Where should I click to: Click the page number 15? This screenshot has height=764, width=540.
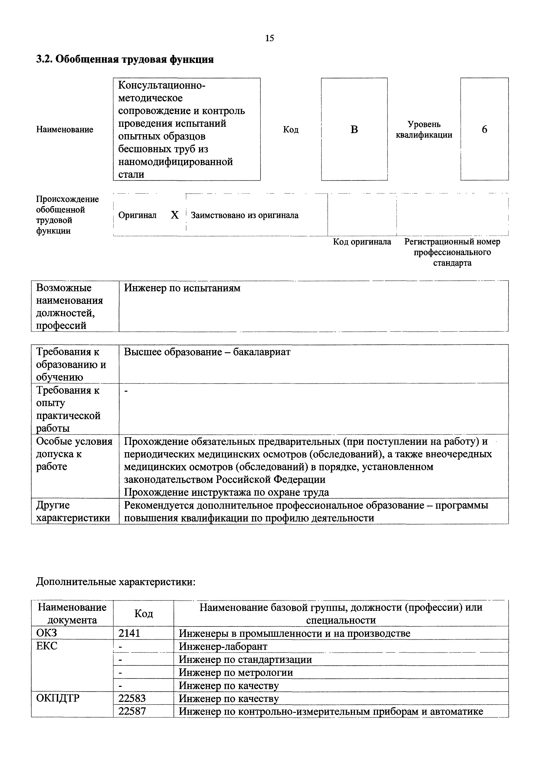(270, 38)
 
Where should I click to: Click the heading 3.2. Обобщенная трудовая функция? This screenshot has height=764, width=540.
(125, 59)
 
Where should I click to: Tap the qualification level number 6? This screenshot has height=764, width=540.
(484, 129)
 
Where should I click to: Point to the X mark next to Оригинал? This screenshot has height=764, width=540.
(175, 215)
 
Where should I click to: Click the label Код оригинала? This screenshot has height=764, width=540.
(362, 242)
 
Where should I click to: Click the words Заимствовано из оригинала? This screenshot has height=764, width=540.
(245, 215)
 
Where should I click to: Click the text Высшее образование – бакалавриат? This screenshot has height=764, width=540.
(207, 352)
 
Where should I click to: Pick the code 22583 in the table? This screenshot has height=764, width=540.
(132, 698)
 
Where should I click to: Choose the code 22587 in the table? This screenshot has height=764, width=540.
(132, 711)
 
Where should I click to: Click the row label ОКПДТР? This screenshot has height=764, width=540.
(58, 698)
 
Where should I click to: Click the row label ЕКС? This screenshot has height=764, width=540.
(47, 646)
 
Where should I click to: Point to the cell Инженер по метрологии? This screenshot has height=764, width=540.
(236, 673)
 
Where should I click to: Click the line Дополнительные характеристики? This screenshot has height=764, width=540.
(116, 582)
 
